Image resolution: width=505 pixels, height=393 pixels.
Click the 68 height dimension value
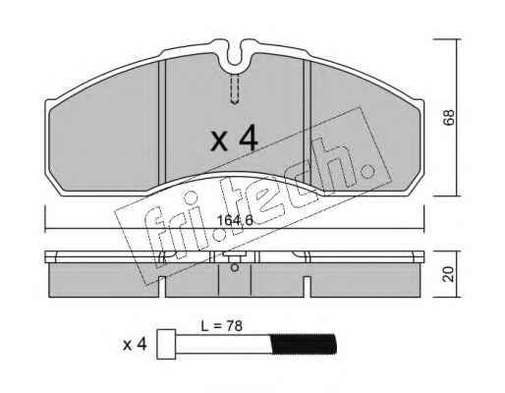pyautogui.click(x=449, y=117)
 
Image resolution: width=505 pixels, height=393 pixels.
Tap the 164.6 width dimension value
pyautogui.click(x=235, y=221)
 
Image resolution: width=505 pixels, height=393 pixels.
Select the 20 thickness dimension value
pyautogui.click(x=448, y=274)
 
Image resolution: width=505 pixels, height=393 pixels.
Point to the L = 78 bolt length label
pyautogui.click(x=222, y=326)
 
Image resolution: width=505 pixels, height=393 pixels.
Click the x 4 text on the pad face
pyautogui.click(x=234, y=140)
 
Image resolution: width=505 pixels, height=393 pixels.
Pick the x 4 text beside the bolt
pyautogui.click(x=135, y=345)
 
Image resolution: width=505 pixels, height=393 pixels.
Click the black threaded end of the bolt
pyautogui.click(x=304, y=344)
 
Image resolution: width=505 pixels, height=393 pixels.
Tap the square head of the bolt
pyautogui.click(x=166, y=344)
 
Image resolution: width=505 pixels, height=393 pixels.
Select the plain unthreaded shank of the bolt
pyautogui.click(x=224, y=344)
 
